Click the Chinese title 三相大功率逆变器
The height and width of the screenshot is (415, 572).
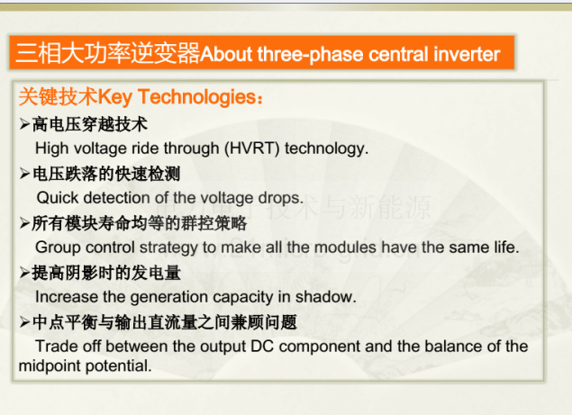pos(107,53)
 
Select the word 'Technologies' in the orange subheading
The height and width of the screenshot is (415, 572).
pos(197,97)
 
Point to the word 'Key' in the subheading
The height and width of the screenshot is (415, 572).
pos(115,98)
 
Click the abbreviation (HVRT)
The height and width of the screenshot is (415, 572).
pos(251,149)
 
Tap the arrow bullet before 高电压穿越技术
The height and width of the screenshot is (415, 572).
pos(24,123)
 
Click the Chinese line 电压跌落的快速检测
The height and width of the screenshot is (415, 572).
pos(106,174)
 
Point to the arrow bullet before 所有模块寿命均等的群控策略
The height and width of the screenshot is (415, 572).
pos(24,223)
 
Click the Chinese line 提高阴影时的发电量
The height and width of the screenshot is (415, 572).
pos(106,273)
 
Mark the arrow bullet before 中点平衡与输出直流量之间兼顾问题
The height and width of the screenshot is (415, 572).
pos(24,322)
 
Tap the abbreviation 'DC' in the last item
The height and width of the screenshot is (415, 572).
pos(262,347)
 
